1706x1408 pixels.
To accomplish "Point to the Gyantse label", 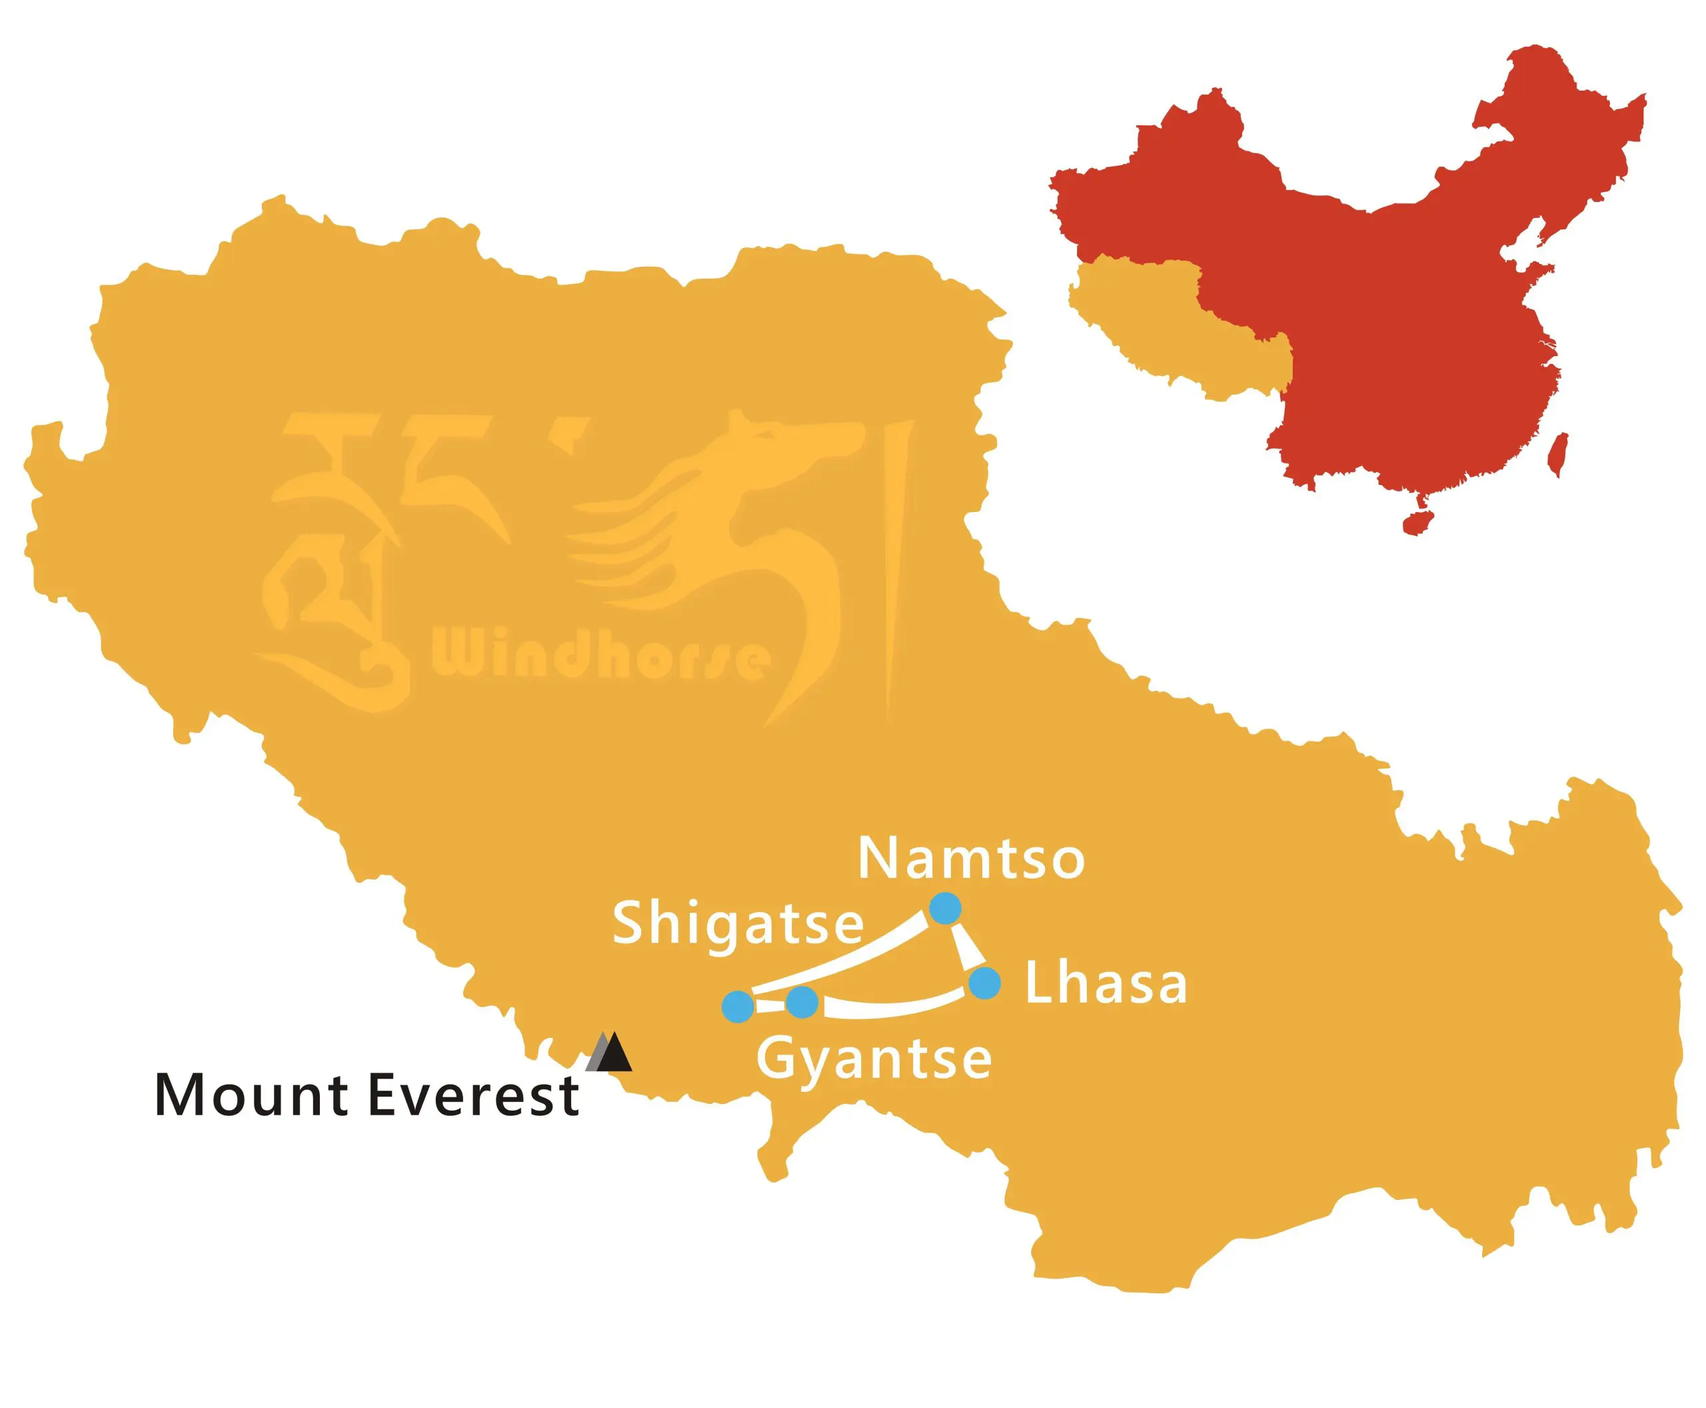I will (x=874, y=1059).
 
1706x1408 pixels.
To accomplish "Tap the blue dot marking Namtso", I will (x=944, y=907).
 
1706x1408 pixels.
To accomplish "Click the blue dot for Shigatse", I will (x=738, y=1007).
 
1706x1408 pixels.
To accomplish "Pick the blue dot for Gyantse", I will (x=801, y=1003).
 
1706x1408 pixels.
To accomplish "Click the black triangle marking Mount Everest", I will (x=614, y=1053).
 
